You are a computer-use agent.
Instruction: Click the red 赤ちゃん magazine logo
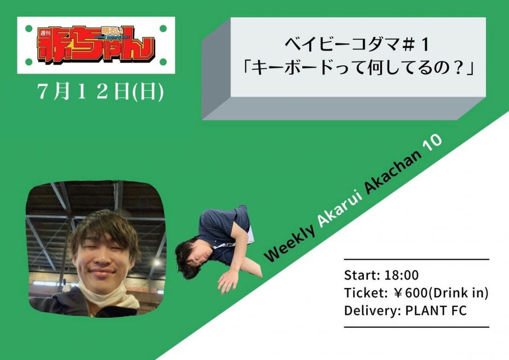(96, 45)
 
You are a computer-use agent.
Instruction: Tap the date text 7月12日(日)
(100, 92)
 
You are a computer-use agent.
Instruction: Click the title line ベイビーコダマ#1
(357, 45)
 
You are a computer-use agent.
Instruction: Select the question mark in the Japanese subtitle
(459, 68)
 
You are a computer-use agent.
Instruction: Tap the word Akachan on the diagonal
(393, 172)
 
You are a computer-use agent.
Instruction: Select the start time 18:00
(402, 275)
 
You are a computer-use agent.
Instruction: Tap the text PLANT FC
(436, 310)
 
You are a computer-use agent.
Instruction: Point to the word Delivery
(371, 311)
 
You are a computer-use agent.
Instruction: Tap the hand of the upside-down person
(228, 281)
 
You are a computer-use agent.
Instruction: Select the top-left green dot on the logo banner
(29, 29)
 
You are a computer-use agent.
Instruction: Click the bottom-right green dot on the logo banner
(163, 62)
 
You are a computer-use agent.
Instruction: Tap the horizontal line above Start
(417, 259)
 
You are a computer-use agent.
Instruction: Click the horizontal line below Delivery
(417, 327)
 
